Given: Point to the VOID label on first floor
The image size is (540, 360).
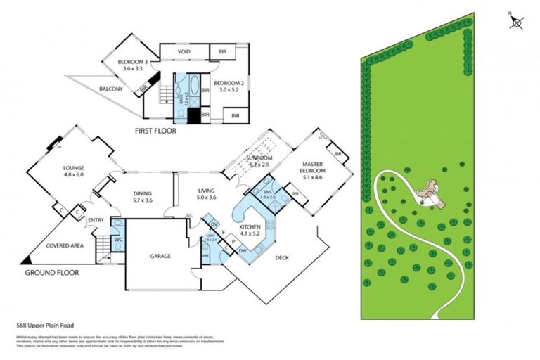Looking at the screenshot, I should click(x=184, y=51).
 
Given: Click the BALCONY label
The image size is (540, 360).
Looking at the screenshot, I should click(x=111, y=89).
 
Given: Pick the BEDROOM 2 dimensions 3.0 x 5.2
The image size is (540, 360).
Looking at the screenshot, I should click(x=228, y=90).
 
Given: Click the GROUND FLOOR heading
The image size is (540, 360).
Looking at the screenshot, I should click(x=52, y=273).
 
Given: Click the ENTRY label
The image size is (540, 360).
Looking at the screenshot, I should click(x=96, y=221).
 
